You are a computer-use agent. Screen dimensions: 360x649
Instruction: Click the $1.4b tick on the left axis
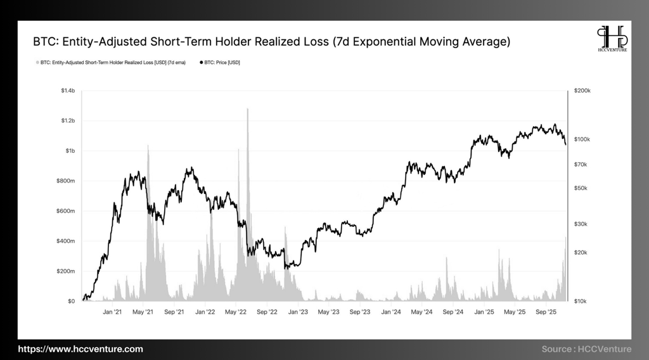(68, 91)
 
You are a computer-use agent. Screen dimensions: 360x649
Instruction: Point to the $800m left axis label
(67, 181)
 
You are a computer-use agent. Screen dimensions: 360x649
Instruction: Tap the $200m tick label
(67, 271)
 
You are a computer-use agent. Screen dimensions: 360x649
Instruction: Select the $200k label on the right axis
(582, 91)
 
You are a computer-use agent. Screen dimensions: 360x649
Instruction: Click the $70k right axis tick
(581, 164)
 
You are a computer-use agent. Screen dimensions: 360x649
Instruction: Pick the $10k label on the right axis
(581, 301)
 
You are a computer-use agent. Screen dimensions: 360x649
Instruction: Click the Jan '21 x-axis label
(112, 312)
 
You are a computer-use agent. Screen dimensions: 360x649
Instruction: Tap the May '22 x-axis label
(236, 312)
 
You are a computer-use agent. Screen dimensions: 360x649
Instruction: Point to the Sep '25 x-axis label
(546, 312)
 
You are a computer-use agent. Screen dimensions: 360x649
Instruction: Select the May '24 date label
(421, 312)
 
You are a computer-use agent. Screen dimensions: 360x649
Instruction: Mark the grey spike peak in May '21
(148, 146)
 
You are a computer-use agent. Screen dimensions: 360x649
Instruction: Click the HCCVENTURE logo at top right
(612, 39)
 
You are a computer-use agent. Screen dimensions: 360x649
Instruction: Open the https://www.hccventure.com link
(80, 349)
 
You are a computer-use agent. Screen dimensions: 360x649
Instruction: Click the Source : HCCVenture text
(586, 349)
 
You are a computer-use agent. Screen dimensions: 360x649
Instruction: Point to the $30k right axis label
(581, 224)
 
